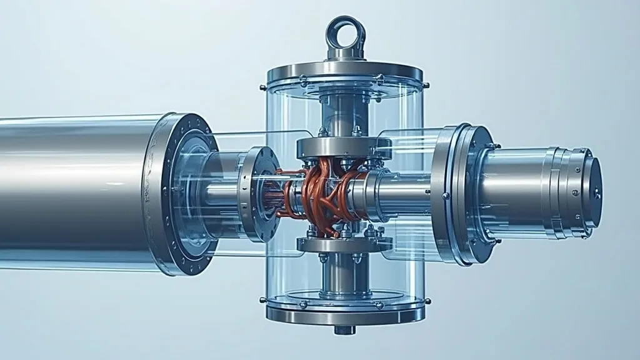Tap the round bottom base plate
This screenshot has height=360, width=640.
click(x=345, y=312)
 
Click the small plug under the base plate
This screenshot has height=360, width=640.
click(x=344, y=329)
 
